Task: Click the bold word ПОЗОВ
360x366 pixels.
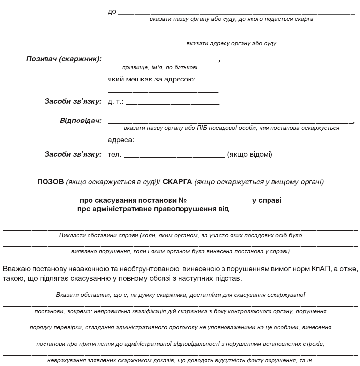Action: [50, 182]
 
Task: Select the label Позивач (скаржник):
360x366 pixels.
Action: [64, 59]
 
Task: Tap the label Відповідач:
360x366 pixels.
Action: [81, 121]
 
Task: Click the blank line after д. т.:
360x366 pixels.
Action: [172, 104]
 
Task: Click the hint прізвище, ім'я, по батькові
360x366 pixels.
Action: [160, 67]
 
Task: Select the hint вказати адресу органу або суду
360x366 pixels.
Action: [231, 44]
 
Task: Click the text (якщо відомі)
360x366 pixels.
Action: [250, 154]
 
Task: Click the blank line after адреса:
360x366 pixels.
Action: [225, 142]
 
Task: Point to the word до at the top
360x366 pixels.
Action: [112, 11]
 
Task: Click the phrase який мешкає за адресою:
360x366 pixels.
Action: [152, 79]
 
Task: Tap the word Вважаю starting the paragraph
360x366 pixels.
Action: [16, 269]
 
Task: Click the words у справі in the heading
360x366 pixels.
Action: [267, 201]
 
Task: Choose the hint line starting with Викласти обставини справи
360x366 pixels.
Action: [180, 235]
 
